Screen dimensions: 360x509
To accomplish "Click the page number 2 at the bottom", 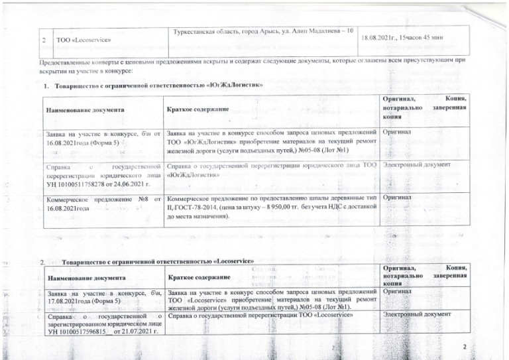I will [465, 347].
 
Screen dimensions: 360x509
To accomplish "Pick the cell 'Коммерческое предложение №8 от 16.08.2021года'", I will [103, 203].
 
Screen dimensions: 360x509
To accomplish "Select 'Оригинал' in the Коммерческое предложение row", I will [397, 198].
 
